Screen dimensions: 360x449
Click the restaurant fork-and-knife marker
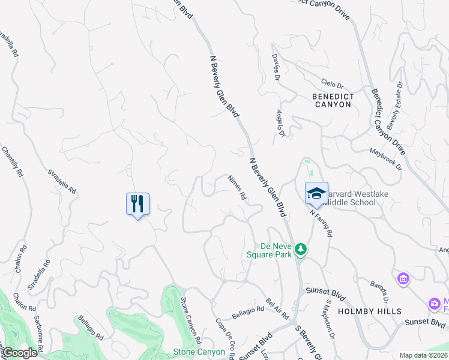click(x=137, y=204)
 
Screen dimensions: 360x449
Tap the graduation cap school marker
click(x=316, y=193)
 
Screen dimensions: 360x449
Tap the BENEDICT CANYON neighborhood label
click(x=331, y=100)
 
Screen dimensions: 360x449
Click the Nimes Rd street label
click(x=237, y=187)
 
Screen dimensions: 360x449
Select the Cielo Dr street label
click(x=331, y=85)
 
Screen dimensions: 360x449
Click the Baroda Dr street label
click(x=379, y=292)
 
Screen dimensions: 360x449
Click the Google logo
click(x=20, y=353)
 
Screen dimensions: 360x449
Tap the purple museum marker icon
click(x=403, y=279)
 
